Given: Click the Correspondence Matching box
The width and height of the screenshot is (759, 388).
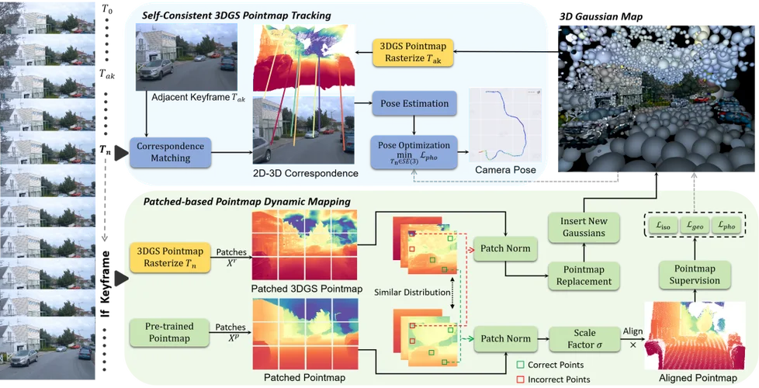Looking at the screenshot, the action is point(171,152).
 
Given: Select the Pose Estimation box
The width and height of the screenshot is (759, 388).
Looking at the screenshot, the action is point(414,103).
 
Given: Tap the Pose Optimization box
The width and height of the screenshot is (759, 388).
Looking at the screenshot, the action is point(414,152).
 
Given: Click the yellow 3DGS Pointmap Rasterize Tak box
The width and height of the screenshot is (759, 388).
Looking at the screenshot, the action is point(413,53).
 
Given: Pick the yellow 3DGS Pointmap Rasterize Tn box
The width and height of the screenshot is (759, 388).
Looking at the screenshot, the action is point(170,258).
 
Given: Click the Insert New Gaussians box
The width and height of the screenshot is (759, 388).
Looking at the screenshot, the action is point(584,227).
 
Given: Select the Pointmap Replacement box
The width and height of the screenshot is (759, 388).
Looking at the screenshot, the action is point(584,275).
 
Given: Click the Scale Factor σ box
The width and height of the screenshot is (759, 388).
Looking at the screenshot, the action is point(584,339).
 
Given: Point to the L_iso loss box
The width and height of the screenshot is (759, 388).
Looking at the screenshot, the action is point(661,226).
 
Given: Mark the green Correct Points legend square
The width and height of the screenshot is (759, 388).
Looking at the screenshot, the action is point(520,365).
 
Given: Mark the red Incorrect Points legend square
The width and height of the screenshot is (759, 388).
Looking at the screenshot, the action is point(520,379).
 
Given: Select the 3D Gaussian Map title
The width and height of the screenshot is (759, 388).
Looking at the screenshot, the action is point(601,16).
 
